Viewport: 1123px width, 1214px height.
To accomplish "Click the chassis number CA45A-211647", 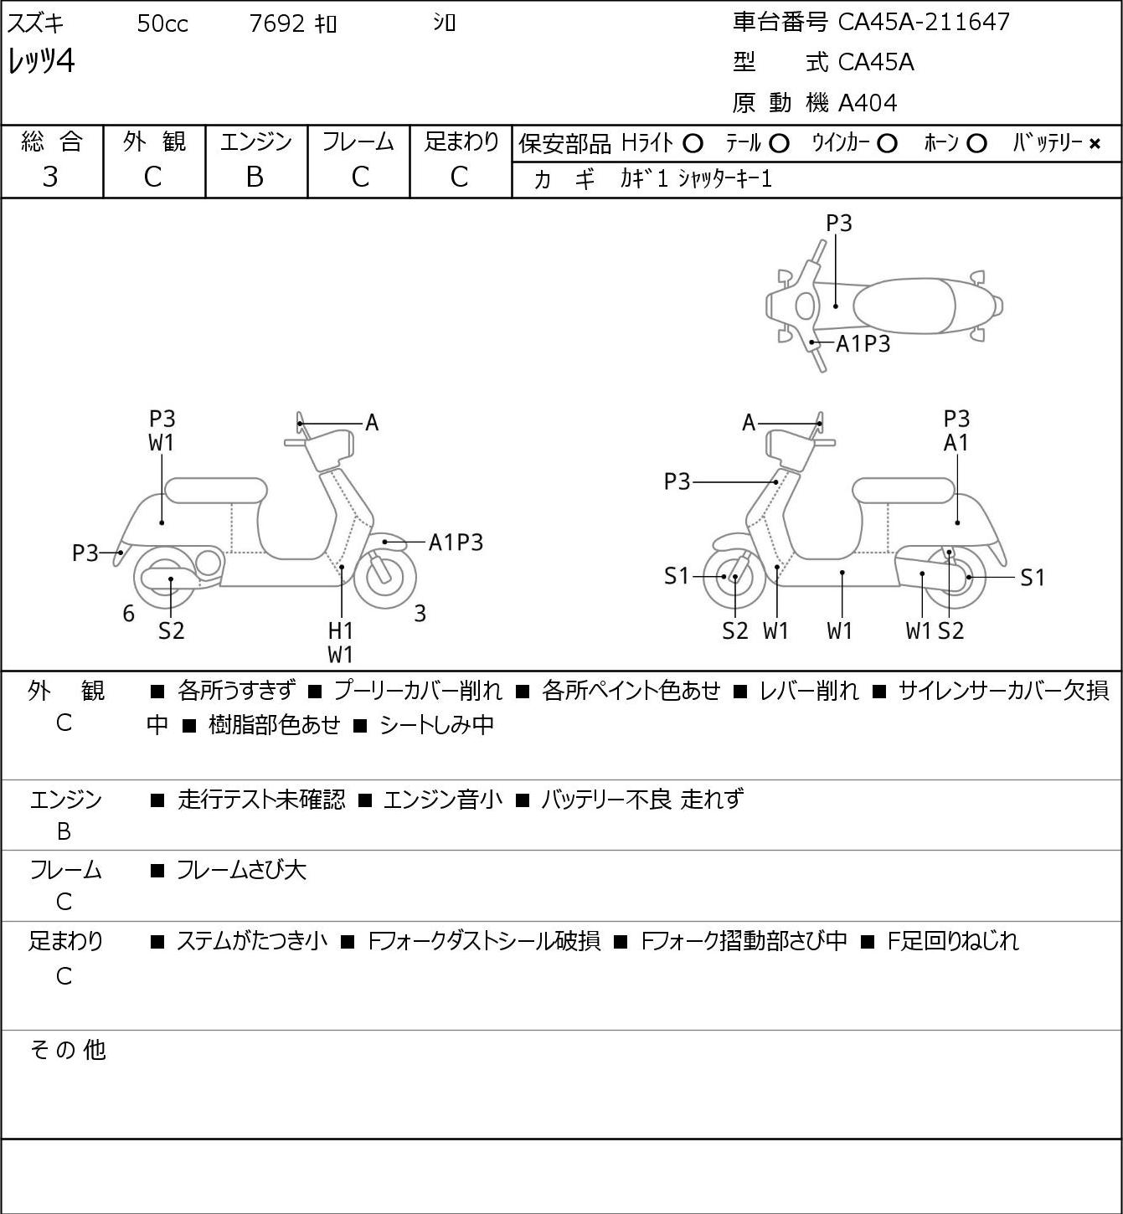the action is click(x=924, y=22).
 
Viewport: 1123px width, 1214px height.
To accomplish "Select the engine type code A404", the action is click(x=868, y=103).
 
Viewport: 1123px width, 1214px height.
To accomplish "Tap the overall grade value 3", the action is click(x=50, y=177).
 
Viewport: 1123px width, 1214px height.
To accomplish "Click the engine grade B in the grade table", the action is click(x=255, y=177).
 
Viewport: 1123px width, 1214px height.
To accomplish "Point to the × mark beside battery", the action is click(x=1095, y=144).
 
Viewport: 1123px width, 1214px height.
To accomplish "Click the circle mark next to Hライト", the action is click(x=693, y=144).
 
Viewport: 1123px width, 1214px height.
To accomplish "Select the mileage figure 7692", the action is click(x=276, y=23).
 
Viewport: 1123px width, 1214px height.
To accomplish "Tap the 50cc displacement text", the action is click(x=162, y=23).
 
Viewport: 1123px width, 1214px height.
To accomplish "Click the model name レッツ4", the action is click(x=41, y=61).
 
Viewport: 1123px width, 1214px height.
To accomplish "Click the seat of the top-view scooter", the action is click(x=904, y=306).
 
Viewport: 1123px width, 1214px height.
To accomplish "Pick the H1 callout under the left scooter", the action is click(x=341, y=630).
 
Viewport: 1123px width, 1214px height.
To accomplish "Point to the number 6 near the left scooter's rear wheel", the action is click(x=128, y=613).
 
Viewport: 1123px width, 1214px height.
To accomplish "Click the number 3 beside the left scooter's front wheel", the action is click(x=420, y=613).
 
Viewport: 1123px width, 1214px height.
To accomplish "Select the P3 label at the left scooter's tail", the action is click(x=85, y=553).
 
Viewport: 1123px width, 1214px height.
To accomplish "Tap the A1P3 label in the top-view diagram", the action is click(x=863, y=344).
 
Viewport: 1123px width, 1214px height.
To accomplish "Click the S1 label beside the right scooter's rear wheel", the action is click(x=1033, y=578).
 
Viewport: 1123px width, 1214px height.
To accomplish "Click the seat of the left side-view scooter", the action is click(x=216, y=491).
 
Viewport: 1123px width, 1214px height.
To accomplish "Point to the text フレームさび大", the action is click(x=241, y=870).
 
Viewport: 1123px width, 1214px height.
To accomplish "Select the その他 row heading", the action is click(x=68, y=1050).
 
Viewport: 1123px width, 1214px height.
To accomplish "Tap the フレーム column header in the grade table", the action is click(x=358, y=141).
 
